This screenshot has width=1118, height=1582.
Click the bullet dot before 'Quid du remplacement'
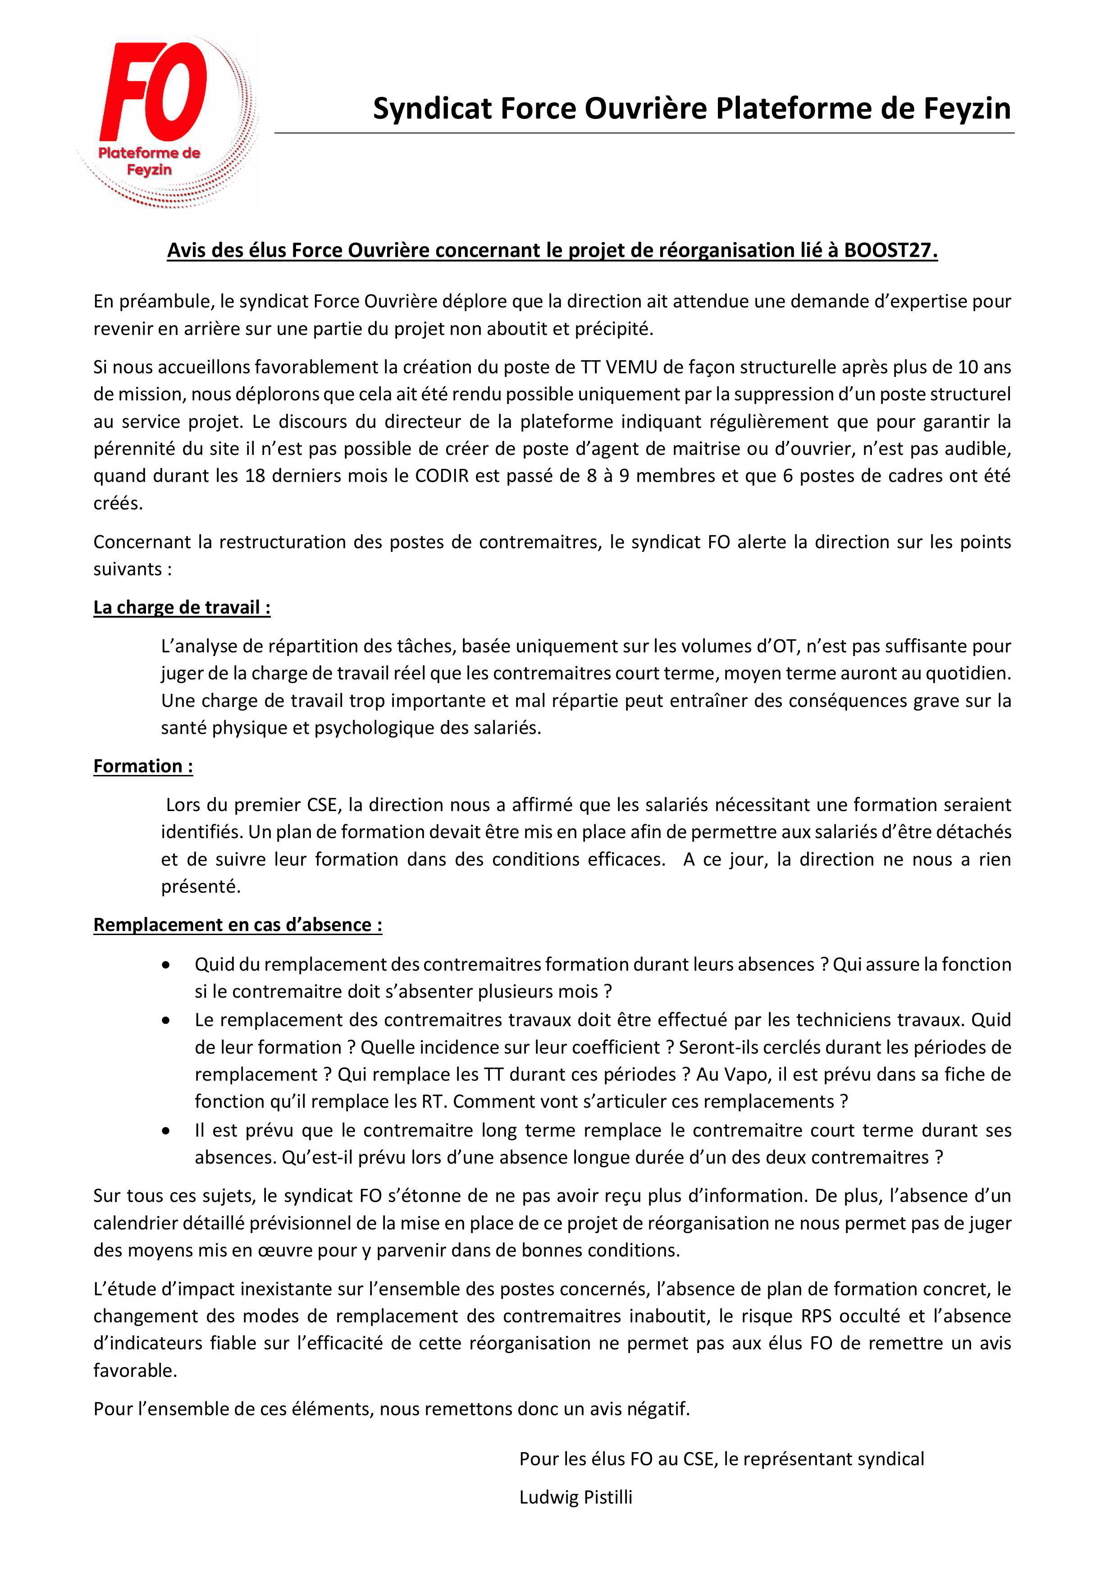click(x=166, y=965)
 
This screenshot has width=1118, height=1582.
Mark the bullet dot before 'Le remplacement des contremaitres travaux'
click(x=166, y=1020)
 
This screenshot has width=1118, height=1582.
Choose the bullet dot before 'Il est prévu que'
click(x=166, y=1131)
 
